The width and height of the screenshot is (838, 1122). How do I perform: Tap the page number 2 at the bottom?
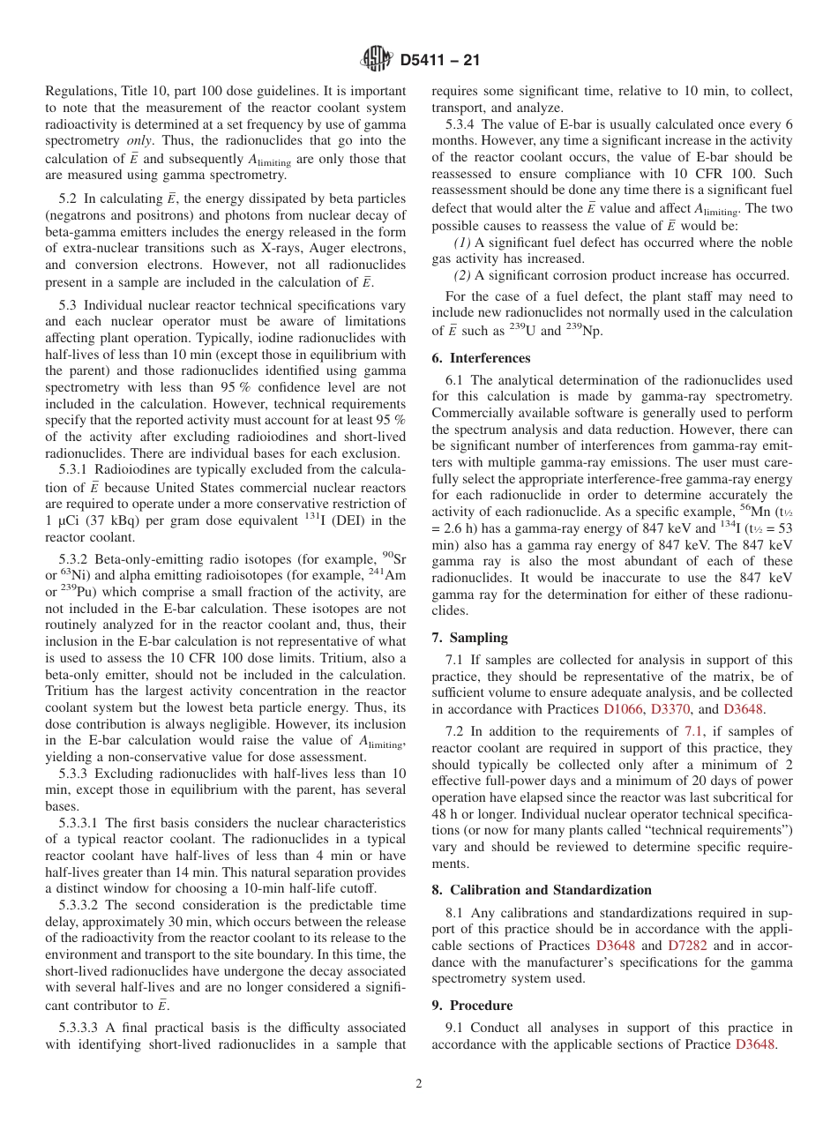[x=419, y=1084]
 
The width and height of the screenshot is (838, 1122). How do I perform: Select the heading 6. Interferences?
[x=481, y=358]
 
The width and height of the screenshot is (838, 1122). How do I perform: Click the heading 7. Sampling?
[x=469, y=638]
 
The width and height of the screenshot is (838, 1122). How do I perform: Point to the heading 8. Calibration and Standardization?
[x=542, y=890]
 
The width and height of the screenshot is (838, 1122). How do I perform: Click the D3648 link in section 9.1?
[x=754, y=1044]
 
